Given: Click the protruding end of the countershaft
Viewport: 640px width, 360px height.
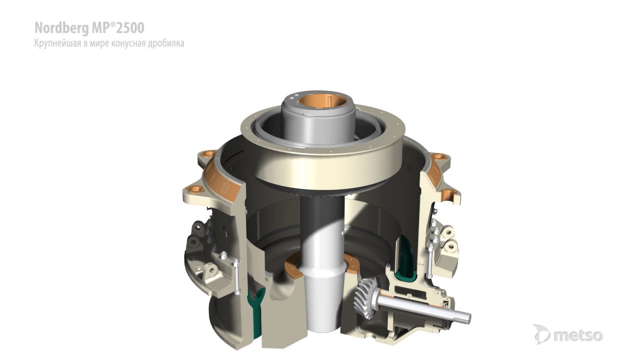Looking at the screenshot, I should point(462,315).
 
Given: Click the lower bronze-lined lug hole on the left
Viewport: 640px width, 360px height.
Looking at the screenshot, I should point(195,189).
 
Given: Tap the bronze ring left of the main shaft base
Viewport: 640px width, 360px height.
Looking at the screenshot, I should point(293,267).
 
